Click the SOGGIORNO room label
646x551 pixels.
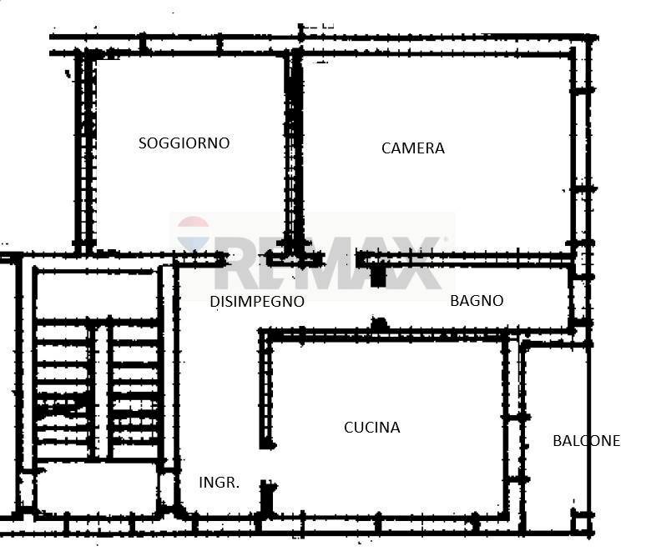point(184,143)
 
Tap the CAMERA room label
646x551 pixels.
point(413,148)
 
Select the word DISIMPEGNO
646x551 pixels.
point(257,302)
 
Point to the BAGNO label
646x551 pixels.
point(477,301)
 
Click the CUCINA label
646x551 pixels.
point(372,428)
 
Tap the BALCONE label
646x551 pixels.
point(586,441)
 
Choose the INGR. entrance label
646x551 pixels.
point(219,483)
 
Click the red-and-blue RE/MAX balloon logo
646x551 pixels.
point(193,233)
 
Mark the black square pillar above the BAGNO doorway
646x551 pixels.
point(378,276)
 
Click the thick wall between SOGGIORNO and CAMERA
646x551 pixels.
point(293,153)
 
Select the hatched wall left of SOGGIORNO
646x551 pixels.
point(85,153)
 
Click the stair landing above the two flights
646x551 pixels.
point(97,294)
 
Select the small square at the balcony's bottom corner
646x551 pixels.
point(582,523)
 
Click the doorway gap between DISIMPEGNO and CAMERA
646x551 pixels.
point(341,259)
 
